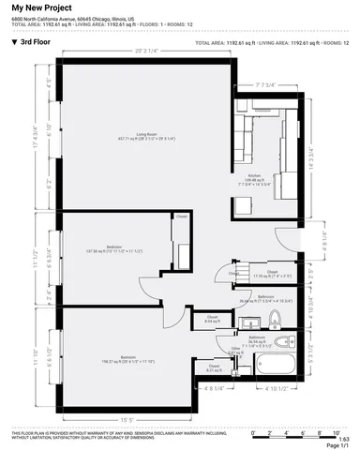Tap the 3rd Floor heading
35,42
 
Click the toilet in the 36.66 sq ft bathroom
275,319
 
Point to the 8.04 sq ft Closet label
211,320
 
